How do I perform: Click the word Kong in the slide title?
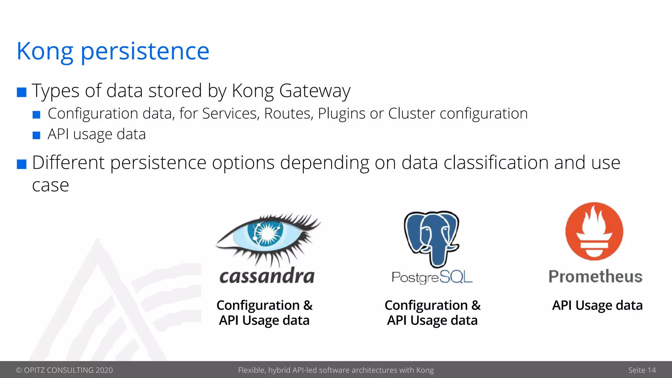(x=45, y=52)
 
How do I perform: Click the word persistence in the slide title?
(x=145, y=52)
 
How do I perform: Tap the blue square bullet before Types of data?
(x=22, y=92)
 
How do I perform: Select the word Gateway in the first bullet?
(x=315, y=91)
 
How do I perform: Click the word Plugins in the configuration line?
(x=342, y=114)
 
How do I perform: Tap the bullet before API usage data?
(x=36, y=135)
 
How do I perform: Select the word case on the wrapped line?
(x=51, y=186)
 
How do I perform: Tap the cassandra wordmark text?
(x=267, y=276)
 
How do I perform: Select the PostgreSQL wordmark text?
(x=432, y=277)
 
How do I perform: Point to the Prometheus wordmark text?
(x=595, y=276)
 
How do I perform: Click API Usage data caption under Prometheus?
(x=597, y=305)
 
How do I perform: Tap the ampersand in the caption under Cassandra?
(x=308, y=305)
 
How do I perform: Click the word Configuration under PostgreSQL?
(x=426, y=305)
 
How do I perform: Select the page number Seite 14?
(x=641, y=370)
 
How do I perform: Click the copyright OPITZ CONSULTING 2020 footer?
(x=64, y=370)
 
